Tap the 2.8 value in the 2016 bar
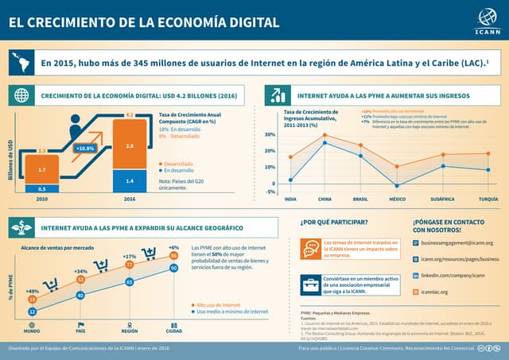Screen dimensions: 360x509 130,147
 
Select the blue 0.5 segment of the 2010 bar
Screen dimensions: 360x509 41,188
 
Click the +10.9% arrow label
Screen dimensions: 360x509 85,149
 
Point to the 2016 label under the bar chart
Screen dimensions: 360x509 130,200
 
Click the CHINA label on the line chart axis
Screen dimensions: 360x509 324,199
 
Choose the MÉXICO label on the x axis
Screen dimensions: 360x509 397,199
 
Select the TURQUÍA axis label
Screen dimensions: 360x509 489,199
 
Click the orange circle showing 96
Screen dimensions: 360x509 173,256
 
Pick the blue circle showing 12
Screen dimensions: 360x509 33,312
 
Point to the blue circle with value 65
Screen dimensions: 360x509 129,282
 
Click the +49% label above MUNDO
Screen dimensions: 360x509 33,292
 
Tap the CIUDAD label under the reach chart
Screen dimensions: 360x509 173,331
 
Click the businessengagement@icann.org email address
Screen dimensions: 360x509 457,243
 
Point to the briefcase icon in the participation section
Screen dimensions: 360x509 310,284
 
